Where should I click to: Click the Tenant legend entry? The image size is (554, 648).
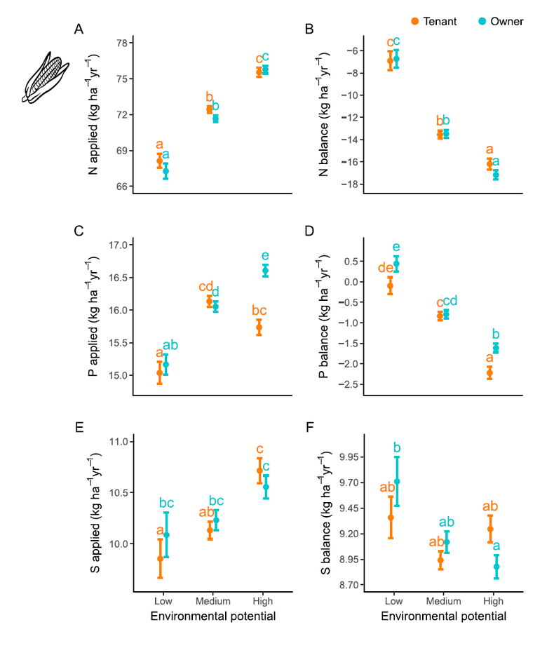434,22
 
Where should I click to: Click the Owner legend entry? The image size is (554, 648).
501,22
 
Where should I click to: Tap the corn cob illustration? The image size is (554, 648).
45,78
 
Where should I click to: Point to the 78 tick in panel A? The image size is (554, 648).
122,43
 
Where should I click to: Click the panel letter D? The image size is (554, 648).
309,231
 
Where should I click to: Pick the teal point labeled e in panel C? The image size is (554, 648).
265,271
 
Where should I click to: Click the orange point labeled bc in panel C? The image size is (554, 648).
259,328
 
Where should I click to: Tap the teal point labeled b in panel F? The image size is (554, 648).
397,482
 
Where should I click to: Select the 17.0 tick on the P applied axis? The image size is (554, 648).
118,245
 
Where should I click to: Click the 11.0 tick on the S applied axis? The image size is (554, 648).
119,442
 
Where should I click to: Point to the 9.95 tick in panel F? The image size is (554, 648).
349,457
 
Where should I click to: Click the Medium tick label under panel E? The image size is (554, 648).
213,601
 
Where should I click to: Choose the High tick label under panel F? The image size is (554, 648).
493,601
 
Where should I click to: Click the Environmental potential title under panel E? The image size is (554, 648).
213,616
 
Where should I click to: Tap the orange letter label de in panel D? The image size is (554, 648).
386,268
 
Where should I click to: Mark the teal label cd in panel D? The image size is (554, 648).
450,300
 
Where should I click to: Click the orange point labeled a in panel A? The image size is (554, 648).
159,161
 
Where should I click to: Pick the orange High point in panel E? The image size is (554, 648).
260,471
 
